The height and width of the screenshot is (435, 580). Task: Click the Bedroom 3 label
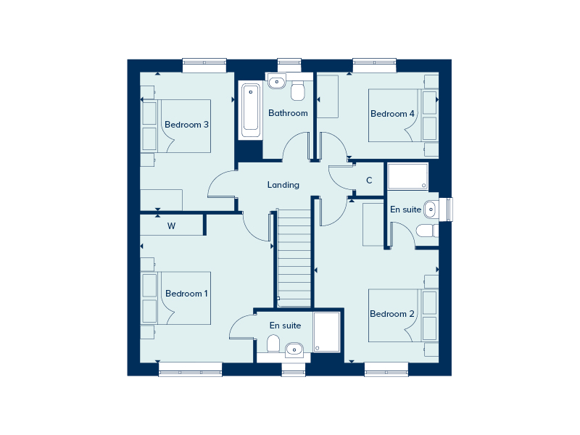tap(186, 125)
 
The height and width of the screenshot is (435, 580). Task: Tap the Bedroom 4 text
tap(392, 114)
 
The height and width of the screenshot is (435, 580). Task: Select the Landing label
tap(283, 185)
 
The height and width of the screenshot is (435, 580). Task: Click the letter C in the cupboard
tap(369, 180)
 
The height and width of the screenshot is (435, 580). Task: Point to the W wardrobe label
tap(171, 225)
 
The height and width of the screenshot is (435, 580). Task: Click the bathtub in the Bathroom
tap(251, 110)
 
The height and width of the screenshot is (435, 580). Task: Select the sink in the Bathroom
tap(277, 82)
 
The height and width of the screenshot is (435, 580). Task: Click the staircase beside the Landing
tap(294, 258)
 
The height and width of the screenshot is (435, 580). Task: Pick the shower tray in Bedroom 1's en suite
tap(327, 332)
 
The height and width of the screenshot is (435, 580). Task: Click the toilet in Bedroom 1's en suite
tap(273, 343)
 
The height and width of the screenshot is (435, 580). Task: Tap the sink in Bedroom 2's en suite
tap(431, 210)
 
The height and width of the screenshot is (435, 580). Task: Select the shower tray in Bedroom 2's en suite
tap(407, 176)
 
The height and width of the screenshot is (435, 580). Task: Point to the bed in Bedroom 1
tap(175, 298)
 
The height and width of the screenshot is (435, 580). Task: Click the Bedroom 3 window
tap(204, 65)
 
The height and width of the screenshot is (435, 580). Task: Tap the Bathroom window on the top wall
tap(289, 65)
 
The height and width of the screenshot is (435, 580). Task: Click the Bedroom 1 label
tap(186, 294)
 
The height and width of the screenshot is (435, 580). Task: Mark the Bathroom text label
tap(288, 113)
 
